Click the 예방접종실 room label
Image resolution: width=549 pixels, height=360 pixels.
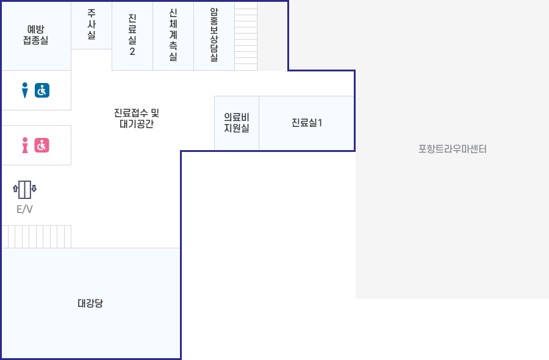click(35, 35)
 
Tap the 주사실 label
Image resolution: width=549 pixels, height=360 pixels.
click(91, 24)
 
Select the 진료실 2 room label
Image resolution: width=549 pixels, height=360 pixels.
click(132, 35)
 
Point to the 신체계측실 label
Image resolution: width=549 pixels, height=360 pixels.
click(173, 35)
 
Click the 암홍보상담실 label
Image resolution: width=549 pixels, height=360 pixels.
click(214, 35)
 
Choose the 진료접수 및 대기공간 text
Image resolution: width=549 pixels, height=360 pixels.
click(137, 118)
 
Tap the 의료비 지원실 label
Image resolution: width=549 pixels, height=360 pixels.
click(237, 123)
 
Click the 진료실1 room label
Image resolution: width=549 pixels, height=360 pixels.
click(307, 123)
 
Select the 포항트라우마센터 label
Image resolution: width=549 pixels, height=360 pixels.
click(453, 149)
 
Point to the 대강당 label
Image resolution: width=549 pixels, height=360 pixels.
click(90, 303)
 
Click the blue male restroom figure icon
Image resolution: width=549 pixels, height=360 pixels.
click(25, 90)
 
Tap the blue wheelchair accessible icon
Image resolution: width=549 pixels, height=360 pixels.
click(42, 90)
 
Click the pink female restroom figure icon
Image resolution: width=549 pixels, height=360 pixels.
click(25, 145)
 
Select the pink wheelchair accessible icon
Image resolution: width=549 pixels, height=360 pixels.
click(41, 145)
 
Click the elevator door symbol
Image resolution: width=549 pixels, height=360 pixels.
click(24, 190)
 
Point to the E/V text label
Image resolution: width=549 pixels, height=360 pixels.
click(24, 209)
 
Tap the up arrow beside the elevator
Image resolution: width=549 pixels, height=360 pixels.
click(15, 189)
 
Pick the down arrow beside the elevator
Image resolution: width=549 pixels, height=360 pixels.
click(34, 189)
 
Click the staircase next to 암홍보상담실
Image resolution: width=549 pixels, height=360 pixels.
click(246, 37)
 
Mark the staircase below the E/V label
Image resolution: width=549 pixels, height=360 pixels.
click(37, 237)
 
